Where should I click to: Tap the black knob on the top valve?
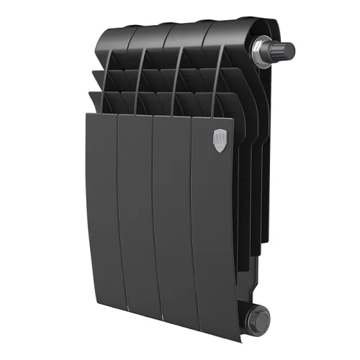tap(282, 53)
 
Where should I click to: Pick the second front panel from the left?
tap(140, 216)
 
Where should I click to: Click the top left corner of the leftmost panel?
tap(85, 114)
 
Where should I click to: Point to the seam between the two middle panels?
tap(159, 216)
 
